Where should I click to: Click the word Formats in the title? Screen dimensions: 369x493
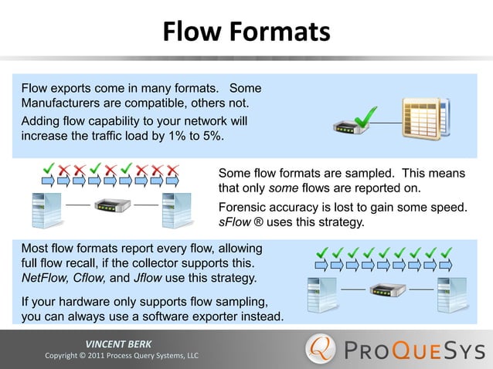(283, 32)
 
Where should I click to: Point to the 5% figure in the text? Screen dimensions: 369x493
(207, 136)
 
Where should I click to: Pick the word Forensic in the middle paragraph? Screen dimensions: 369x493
(243, 208)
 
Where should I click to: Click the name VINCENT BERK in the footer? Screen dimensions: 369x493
(118, 344)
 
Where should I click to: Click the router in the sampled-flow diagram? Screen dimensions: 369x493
(112, 207)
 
